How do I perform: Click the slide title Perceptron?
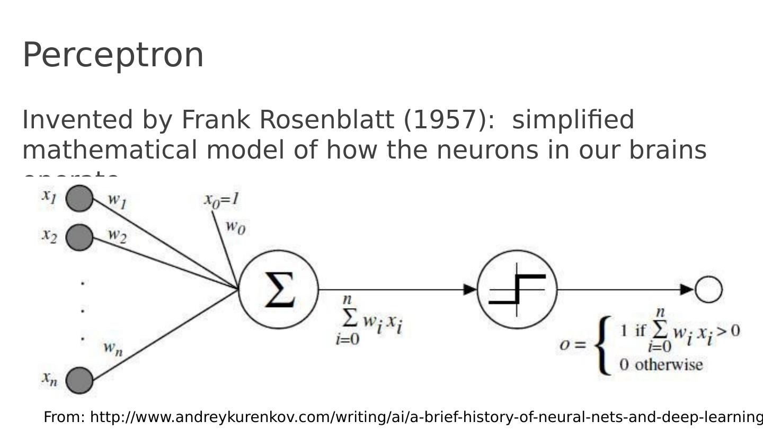pos(113,55)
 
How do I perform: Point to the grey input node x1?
pos(79,198)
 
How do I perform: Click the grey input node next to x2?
pos(79,237)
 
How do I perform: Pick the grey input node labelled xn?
pos(79,380)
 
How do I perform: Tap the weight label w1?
pos(117,200)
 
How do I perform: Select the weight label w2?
pos(117,235)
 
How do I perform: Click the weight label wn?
pos(113,348)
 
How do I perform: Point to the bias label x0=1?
pos(221,200)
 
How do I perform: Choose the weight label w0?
pos(235,227)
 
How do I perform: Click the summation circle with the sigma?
pos(279,289)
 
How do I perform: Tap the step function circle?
pos(517,289)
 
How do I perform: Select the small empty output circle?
pos(708,289)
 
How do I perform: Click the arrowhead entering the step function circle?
pos(471,289)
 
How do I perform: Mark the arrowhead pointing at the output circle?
pos(687,289)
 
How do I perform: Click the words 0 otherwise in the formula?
pos(661,365)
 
